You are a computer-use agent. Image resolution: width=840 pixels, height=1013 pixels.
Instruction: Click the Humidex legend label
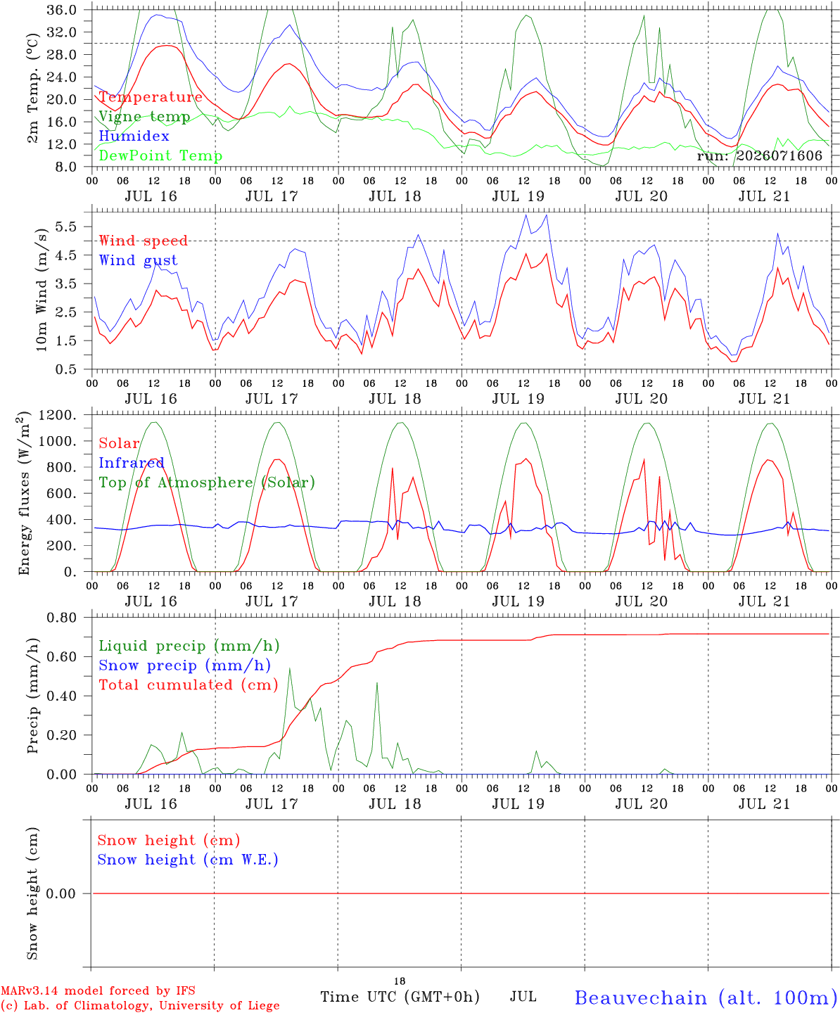point(134,136)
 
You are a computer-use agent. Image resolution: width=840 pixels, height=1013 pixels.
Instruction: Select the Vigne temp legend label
point(144,117)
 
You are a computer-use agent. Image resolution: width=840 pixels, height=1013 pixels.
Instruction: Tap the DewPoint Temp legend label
point(160,155)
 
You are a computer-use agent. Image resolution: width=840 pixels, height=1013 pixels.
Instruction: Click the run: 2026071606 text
point(759,155)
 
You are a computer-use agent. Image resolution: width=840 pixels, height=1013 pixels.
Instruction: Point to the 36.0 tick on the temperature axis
point(62,10)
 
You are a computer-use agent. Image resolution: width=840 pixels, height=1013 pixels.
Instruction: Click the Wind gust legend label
point(139,260)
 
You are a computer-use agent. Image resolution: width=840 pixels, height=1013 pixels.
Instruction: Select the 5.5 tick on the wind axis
point(66,227)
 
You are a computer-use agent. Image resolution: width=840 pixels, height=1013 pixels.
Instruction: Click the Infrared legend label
point(132,463)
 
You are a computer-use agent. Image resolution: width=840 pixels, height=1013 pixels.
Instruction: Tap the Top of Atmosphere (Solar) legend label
point(208,483)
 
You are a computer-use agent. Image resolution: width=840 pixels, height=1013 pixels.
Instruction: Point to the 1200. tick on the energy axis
point(58,415)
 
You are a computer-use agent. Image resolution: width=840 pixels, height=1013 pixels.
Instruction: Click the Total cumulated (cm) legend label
point(189,685)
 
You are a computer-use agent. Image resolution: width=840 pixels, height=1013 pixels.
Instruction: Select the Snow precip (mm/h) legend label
point(184,665)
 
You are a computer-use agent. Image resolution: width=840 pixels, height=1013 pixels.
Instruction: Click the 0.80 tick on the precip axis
point(62,618)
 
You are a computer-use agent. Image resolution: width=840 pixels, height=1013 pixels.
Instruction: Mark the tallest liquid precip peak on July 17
point(290,668)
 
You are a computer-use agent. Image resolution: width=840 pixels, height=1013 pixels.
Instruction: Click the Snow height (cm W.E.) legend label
point(188,860)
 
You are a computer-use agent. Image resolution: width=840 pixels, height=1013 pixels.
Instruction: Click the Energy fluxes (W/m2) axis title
point(24,493)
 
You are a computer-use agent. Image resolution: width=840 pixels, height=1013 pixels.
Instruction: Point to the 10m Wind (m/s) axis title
point(42,290)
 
